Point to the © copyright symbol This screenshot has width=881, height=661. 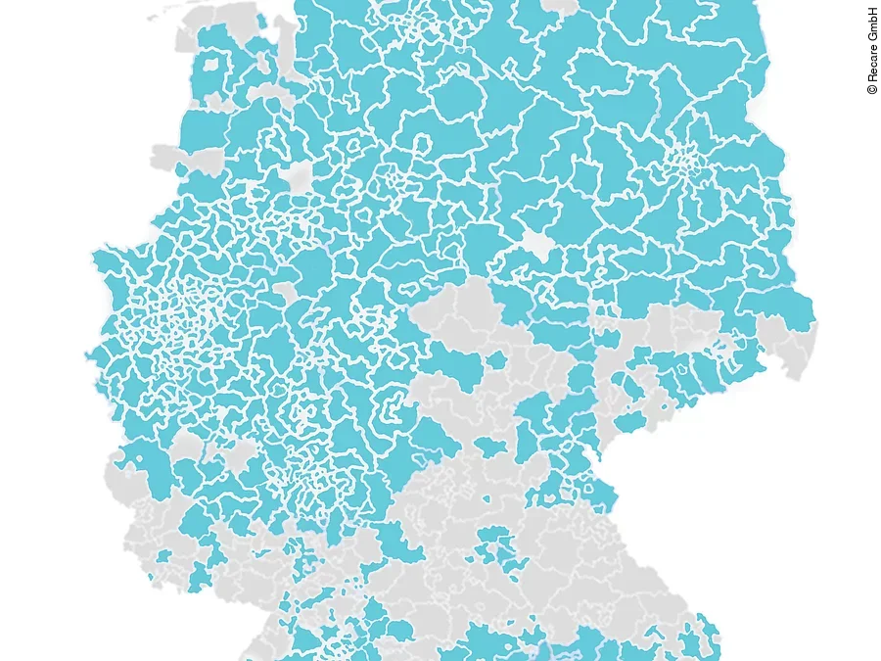click(872, 89)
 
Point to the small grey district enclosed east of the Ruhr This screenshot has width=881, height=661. click(285, 291)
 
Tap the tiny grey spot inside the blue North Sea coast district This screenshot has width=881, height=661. click(209, 67)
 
